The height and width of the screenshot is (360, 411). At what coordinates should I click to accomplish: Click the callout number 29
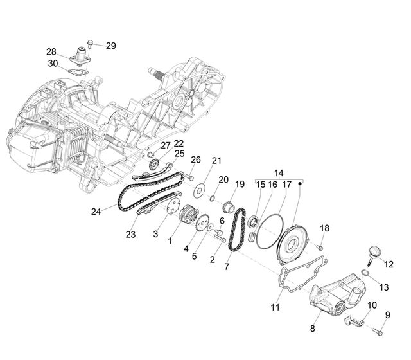(x=111, y=46)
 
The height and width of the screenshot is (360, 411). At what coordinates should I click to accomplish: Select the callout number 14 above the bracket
(x=279, y=173)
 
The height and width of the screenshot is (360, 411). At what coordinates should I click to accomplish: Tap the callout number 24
(x=96, y=212)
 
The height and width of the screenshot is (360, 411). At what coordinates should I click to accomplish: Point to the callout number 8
(x=312, y=328)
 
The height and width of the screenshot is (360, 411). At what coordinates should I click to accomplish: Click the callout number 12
(x=389, y=264)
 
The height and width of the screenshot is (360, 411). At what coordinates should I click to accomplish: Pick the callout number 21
(x=216, y=161)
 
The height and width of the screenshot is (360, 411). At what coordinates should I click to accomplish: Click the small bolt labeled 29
(x=90, y=44)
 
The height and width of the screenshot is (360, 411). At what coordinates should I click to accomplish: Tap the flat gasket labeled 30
(x=78, y=71)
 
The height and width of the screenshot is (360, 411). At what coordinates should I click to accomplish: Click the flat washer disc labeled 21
(x=199, y=190)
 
